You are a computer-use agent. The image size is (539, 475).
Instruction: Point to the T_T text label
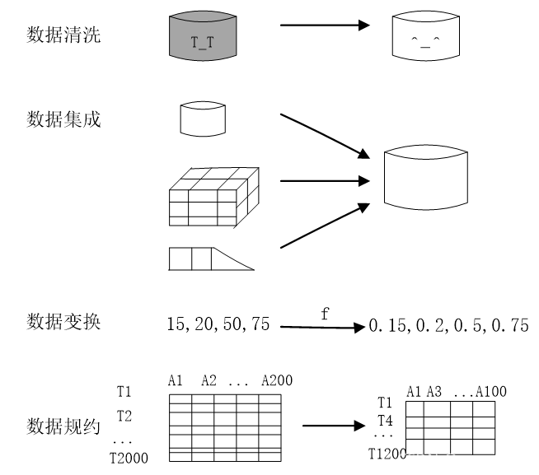coord(203,43)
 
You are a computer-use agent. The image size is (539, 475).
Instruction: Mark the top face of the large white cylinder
coord(426,151)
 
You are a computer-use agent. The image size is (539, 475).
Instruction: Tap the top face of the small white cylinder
coord(203,105)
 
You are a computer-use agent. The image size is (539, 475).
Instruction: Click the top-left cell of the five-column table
coord(180,398)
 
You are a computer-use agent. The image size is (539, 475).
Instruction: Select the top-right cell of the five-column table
coord(269,398)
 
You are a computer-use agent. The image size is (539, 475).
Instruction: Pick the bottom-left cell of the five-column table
coord(180,456)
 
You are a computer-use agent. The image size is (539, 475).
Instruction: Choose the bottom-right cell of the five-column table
coord(269,456)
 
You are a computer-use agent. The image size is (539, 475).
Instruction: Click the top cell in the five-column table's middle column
coord(225,398)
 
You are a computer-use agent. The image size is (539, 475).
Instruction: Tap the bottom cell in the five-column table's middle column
coord(225,456)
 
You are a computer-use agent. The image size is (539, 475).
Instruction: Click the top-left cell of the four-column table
coord(415,408)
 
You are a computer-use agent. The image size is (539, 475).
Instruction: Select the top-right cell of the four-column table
coord(484,408)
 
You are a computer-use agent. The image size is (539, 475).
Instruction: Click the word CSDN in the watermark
coord(417,460)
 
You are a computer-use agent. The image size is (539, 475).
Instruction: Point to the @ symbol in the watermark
coord(450,460)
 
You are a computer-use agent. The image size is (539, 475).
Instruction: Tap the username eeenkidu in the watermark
coord(492,460)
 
